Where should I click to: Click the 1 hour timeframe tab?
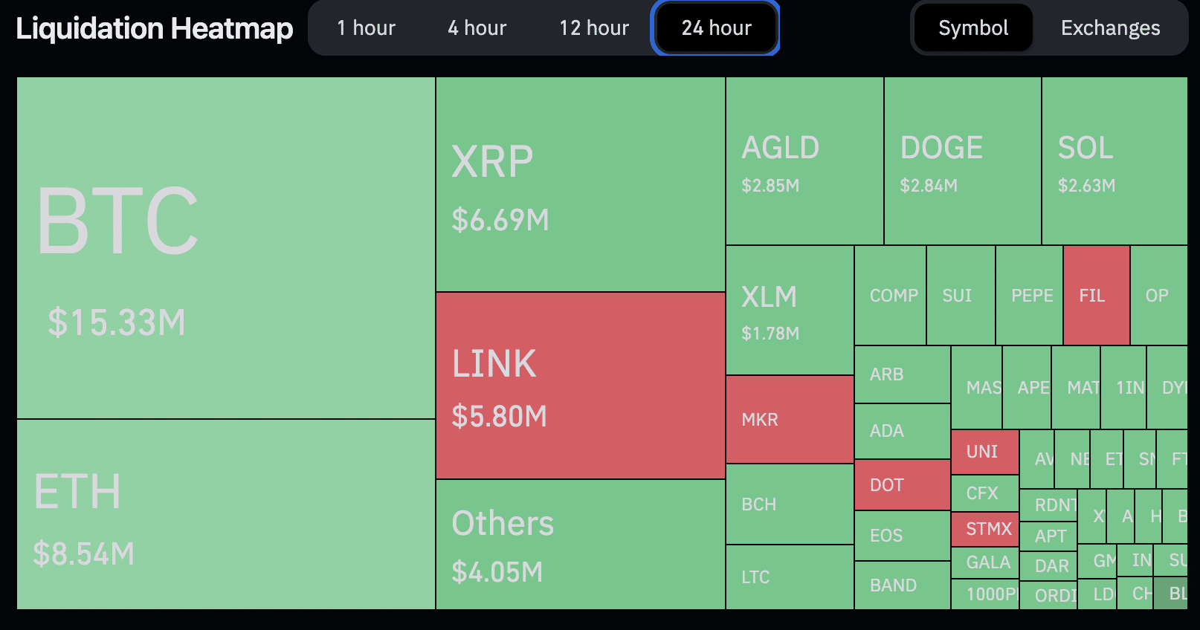(x=366, y=28)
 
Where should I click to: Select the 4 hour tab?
(x=477, y=28)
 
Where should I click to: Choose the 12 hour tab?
(x=594, y=28)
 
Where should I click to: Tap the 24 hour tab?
(x=716, y=28)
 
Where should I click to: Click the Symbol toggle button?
(x=973, y=28)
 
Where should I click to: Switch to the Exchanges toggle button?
(x=1110, y=28)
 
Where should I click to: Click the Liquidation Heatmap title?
(x=155, y=28)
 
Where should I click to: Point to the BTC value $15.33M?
(x=117, y=322)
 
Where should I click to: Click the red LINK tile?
(x=580, y=386)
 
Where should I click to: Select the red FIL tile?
(x=1097, y=296)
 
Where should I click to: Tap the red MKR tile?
(x=790, y=420)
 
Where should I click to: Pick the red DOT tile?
(x=902, y=485)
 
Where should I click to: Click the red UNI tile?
(x=984, y=452)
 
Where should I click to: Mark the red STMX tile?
(x=984, y=529)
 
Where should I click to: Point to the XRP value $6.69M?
(x=500, y=220)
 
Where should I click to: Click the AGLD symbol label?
(x=780, y=148)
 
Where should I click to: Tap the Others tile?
(x=580, y=545)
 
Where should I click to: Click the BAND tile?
(x=902, y=585)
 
